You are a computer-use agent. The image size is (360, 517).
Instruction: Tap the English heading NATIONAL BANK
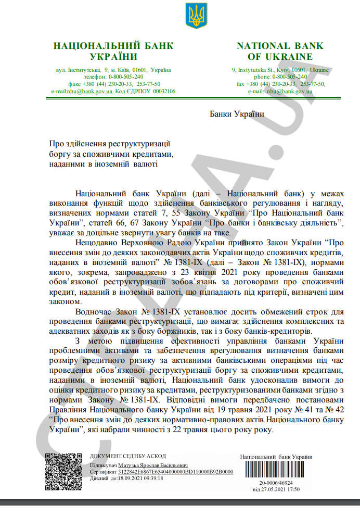(280, 46)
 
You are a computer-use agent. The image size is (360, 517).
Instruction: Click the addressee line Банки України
(237, 114)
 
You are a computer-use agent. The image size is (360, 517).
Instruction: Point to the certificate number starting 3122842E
(175, 472)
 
